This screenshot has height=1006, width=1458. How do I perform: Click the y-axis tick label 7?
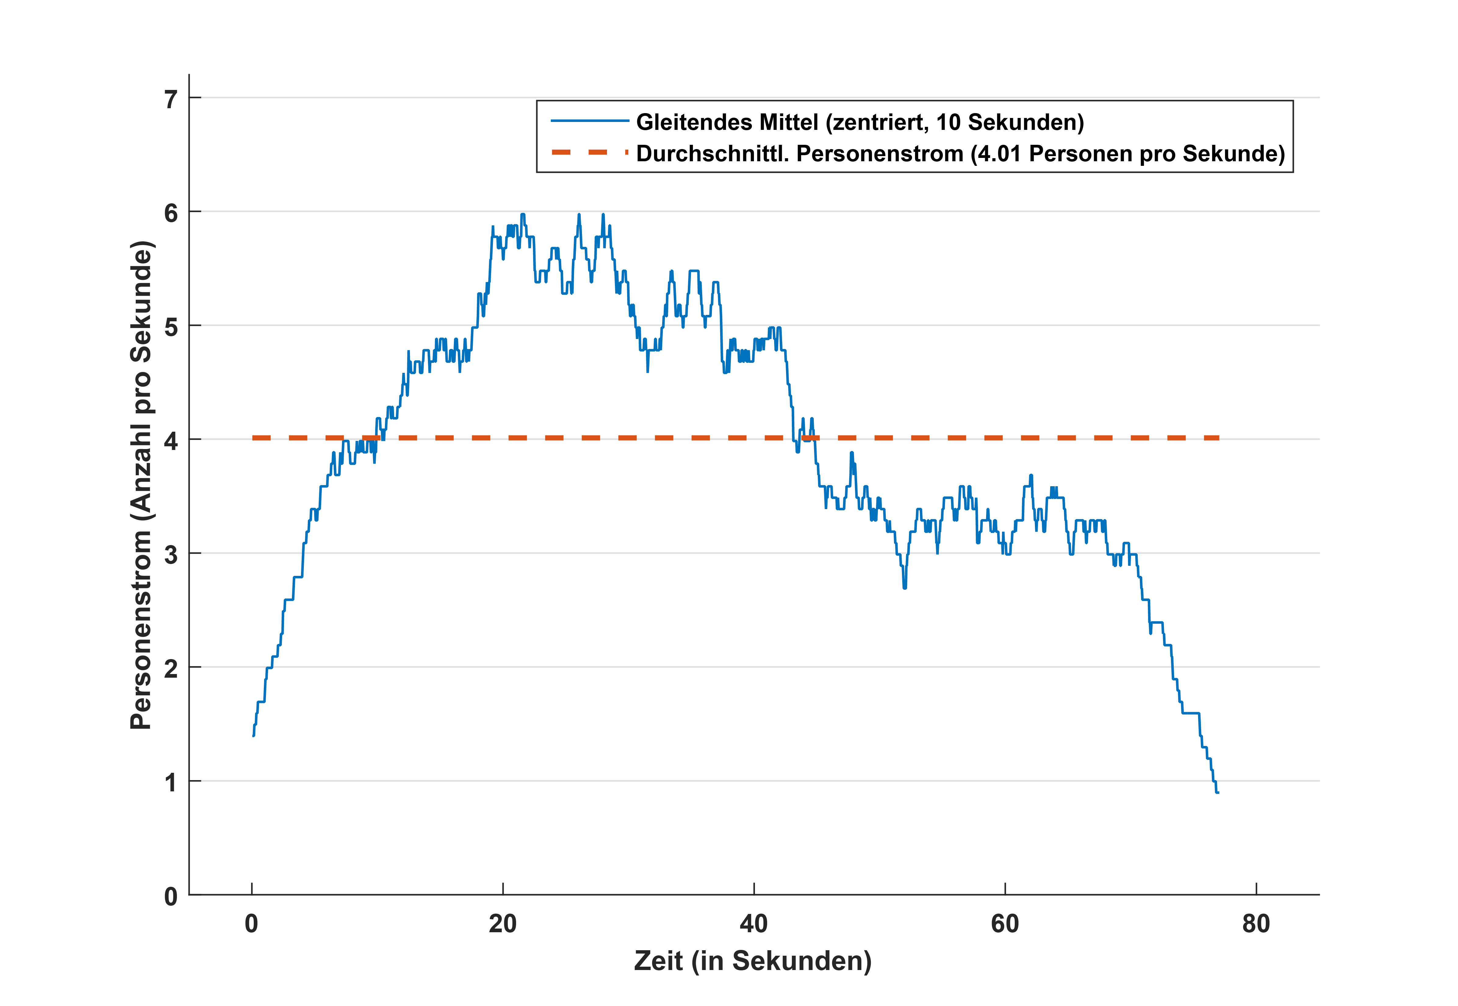171,100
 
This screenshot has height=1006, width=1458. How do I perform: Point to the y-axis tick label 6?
171,214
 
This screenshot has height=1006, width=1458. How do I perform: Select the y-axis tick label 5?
171,327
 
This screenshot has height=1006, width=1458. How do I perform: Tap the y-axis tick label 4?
171,441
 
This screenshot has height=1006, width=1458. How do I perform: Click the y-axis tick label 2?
171,669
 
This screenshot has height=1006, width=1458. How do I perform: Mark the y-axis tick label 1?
171,783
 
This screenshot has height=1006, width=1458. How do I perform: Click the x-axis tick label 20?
503,924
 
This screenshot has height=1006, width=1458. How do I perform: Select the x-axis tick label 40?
754,924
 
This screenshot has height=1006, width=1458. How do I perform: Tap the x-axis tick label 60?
1004,924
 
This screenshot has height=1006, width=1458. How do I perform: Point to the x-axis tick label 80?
1255,924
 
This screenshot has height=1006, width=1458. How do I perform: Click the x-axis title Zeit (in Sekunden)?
753,961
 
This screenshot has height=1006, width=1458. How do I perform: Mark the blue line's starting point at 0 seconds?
253,735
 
